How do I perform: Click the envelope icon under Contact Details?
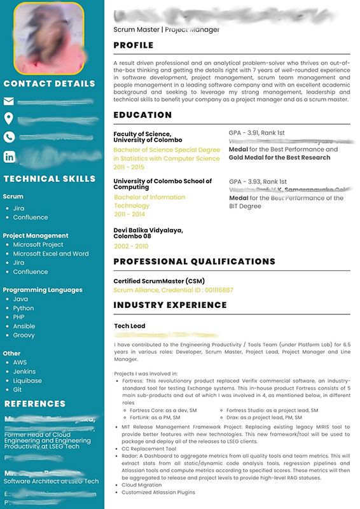(9, 101)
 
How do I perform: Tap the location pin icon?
(9, 118)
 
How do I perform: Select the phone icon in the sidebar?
(9, 136)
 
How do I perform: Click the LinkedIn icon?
(9, 156)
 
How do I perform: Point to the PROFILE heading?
(134, 45)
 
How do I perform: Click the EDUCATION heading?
(142, 115)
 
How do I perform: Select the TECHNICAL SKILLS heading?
(50, 179)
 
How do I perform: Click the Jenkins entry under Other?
(24, 371)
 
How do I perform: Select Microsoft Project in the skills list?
(38, 244)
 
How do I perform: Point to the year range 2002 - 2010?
(131, 246)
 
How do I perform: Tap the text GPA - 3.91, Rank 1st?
(257, 133)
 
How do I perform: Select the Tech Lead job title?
(130, 326)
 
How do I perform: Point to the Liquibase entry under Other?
(27, 380)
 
